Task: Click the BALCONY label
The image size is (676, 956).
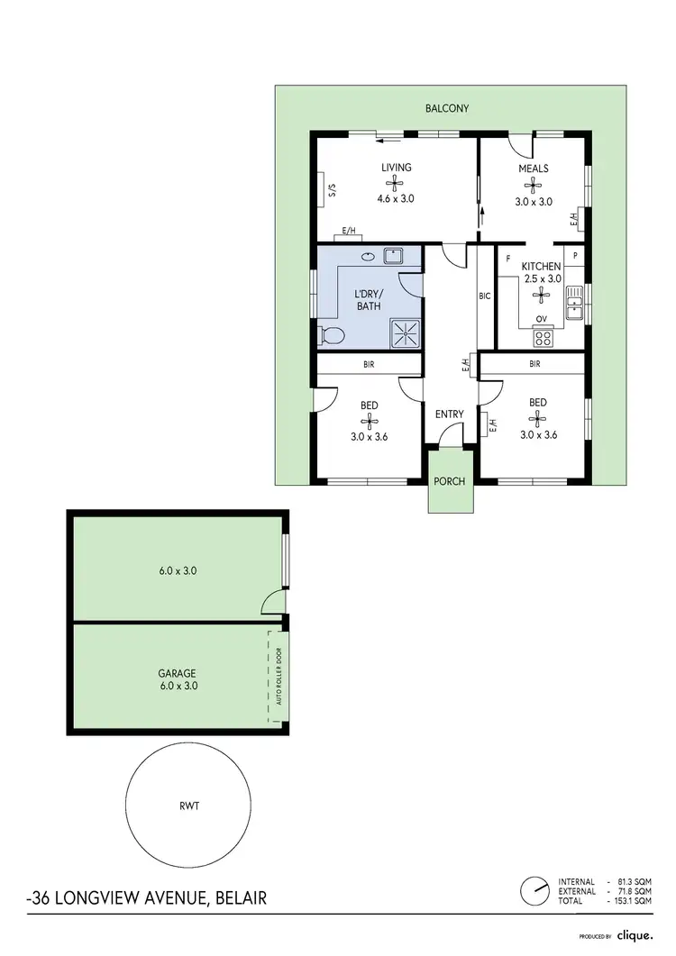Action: click(x=447, y=108)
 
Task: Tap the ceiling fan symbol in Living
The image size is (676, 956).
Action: click(x=396, y=183)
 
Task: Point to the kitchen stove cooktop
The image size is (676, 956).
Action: click(x=544, y=338)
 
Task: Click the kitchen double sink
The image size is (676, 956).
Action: click(x=573, y=310)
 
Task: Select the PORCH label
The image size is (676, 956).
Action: click(x=449, y=481)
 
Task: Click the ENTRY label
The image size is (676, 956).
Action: click(x=449, y=414)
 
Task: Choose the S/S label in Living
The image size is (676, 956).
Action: click(x=332, y=190)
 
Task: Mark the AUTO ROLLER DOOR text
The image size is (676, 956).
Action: click(x=279, y=678)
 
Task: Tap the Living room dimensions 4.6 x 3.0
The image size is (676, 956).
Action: click(x=396, y=198)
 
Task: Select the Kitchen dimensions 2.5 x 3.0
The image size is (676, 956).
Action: click(x=544, y=278)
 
